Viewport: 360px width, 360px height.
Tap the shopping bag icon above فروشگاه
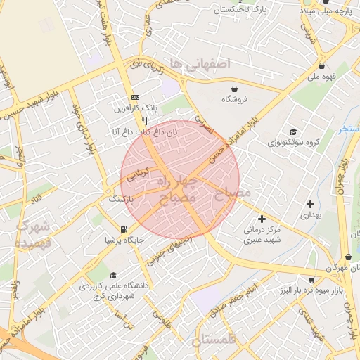[x=233, y=89]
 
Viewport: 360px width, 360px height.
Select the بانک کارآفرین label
[x=133, y=109]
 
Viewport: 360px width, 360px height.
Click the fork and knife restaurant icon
[x=144, y=121]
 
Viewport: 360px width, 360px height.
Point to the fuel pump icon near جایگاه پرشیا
[x=124, y=229]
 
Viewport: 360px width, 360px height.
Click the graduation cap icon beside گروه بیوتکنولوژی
[x=293, y=131]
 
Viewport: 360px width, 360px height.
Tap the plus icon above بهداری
[x=310, y=204]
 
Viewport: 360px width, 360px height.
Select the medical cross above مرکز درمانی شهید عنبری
[x=262, y=219]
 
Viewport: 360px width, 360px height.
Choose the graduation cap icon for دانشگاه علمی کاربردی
[x=114, y=275]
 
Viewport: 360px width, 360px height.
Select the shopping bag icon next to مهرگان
[x=349, y=258]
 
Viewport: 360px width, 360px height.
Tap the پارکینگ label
[x=120, y=200]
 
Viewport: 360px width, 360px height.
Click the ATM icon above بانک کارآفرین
[x=135, y=97]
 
